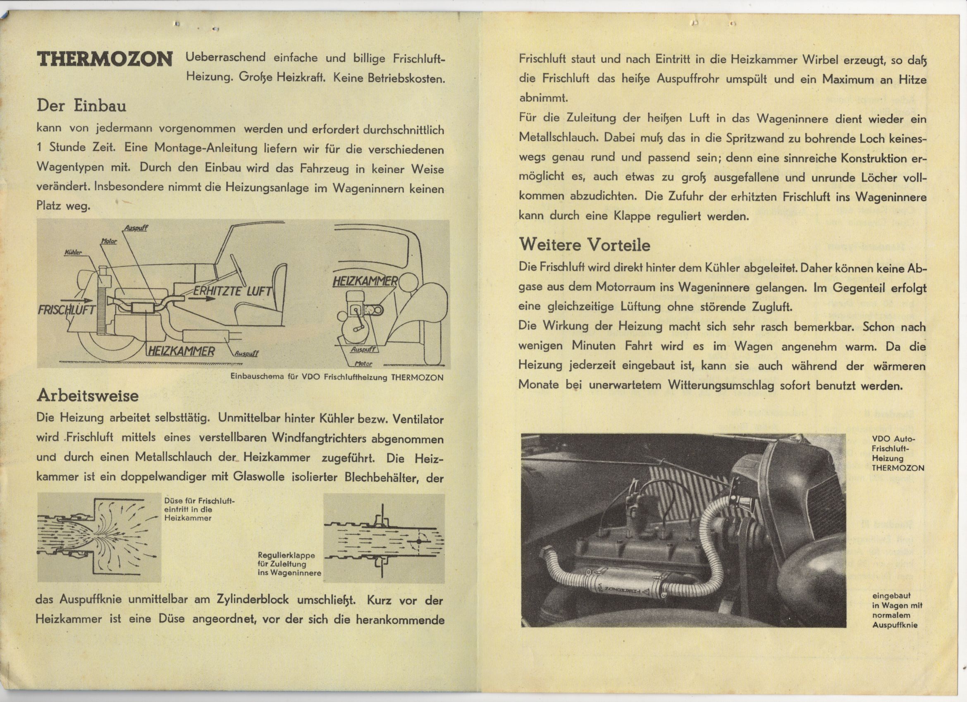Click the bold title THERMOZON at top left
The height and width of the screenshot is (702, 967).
tap(105, 59)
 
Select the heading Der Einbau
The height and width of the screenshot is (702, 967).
tap(81, 105)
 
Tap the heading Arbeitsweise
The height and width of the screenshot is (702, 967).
tap(87, 395)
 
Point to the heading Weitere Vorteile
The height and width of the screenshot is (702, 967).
tap(585, 245)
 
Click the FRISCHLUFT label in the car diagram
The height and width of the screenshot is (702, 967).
tap(66, 310)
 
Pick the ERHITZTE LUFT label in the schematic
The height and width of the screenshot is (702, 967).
tap(232, 292)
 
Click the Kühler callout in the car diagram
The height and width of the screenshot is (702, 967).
tap(72, 252)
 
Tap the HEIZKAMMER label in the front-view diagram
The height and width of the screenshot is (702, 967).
tap(365, 282)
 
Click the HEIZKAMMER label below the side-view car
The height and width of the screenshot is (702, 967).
tap(181, 351)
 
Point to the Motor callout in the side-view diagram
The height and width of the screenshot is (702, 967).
tap(109, 241)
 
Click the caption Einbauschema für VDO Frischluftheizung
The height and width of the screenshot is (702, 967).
tap(337, 377)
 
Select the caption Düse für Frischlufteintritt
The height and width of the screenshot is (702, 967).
tap(199, 509)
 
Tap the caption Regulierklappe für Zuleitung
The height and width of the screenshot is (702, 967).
tap(289, 564)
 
